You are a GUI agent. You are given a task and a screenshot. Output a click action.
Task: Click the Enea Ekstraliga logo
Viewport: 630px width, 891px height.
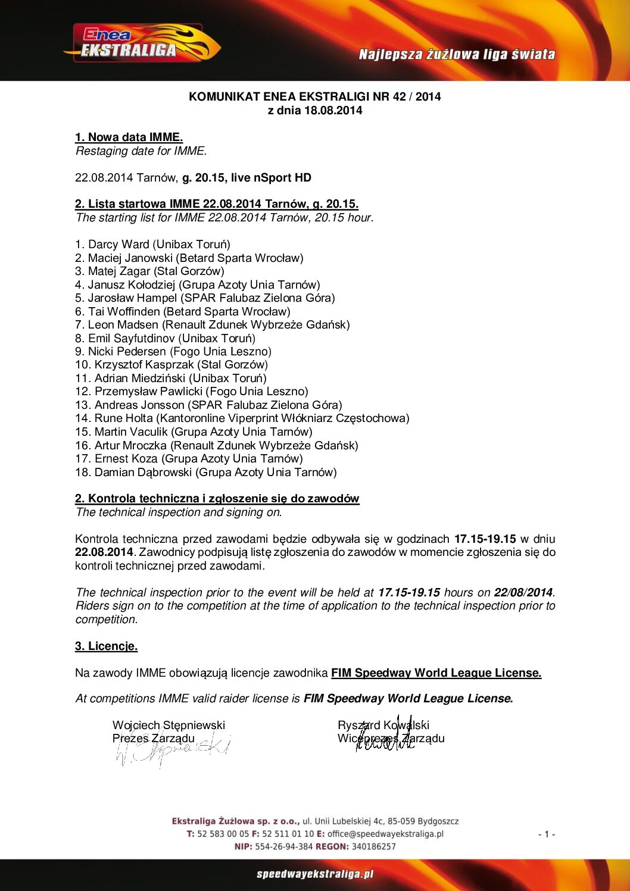tap(142, 43)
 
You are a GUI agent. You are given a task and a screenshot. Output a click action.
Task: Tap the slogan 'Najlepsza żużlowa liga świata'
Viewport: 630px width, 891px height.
tap(457, 55)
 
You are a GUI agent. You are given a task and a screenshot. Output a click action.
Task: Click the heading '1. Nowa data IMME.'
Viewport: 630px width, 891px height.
tap(129, 137)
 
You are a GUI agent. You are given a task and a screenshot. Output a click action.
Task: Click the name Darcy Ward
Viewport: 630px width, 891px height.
tap(119, 244)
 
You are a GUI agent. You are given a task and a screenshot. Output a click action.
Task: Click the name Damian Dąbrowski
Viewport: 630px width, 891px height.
tap(145, 472)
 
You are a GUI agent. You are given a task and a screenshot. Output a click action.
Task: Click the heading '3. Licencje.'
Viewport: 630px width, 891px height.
tap(106, 646)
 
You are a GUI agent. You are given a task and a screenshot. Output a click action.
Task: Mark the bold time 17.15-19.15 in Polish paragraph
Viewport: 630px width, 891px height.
tap(485, 539)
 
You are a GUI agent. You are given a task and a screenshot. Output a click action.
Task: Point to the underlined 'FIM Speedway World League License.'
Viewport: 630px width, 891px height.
tap(436, 673)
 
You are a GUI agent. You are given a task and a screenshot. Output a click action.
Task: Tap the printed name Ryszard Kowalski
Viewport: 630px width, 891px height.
tap(383, 725)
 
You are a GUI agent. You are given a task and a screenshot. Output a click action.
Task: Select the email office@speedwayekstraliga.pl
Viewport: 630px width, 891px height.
tap(385, 834)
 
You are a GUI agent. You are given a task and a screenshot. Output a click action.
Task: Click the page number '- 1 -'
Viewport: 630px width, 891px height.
tap(546, 834)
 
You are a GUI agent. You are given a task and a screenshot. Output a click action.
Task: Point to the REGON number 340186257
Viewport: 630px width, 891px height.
tap(373, 846)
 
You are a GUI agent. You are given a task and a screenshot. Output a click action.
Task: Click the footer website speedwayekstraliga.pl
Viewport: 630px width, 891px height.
tap(315, 874)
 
